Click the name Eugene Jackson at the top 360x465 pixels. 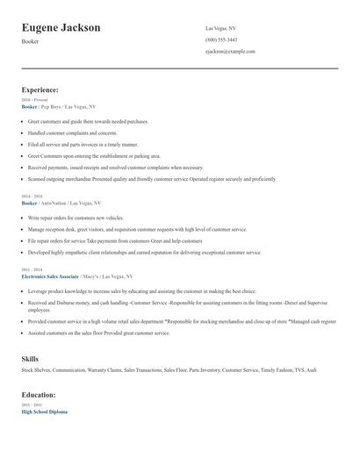click(x=61, y=28)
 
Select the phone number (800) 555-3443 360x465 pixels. click(x=221, y=40)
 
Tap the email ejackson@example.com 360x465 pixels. click(x=230, y=52)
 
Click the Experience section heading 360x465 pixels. click(x=40, y=89)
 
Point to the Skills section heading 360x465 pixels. click(x=30, y=359)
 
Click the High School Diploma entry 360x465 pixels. click(x=44, y=411)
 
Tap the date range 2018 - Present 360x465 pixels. click(x=34, y=100)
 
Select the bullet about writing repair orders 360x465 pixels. click(x=76, y=217)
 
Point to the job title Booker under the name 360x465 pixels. click(x=30, y=41)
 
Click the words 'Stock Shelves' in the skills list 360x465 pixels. click(x=36, y=371)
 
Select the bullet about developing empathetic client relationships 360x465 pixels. click(x=145, y=252)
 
